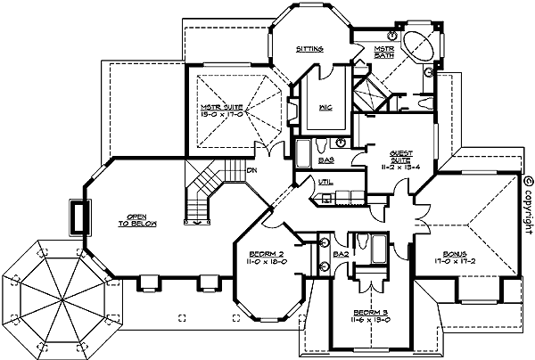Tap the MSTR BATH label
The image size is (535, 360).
pos(383,52)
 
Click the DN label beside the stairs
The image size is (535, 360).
pos(252,169)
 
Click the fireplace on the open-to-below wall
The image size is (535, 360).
pos(78,217)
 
